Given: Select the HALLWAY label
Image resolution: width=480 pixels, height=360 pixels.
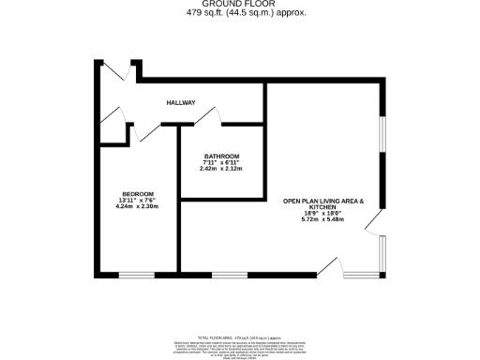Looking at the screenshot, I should (x=181, y=102).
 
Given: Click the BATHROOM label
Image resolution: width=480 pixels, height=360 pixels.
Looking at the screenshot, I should (x=221, y=157).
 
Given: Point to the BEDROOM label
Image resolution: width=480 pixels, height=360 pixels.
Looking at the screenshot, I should (x=138, y=194).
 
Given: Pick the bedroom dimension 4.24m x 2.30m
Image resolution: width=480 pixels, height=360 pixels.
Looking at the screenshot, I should (x=138, y=206).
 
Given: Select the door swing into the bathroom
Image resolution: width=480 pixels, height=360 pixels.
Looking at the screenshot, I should (x=208, y=116).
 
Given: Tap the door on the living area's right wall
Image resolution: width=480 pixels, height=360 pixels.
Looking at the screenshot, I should (x=375, y=222).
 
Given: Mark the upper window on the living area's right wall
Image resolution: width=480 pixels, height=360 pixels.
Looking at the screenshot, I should (x=382, y=145).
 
